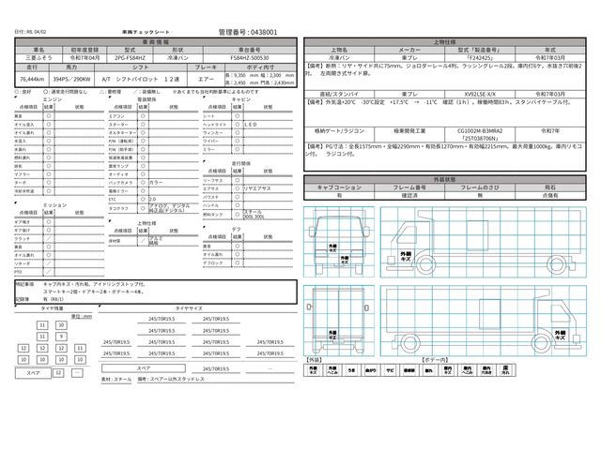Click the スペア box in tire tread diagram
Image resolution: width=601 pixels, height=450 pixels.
point(32,372)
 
